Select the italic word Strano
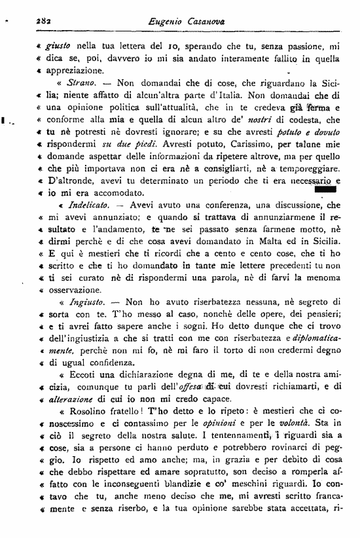(x=81, y=84)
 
